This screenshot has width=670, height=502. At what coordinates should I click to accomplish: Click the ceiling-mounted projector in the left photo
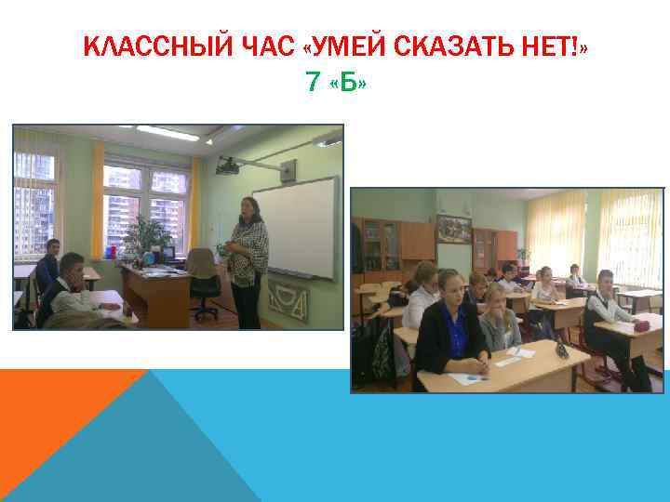(x=229, y=165)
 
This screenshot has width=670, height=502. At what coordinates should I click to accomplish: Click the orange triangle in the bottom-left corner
(x=56, y=409)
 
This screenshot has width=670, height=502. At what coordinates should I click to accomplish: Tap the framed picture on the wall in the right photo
(x=453, y=228)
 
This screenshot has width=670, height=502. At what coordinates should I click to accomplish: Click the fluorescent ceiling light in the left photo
(x=167, y=133)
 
